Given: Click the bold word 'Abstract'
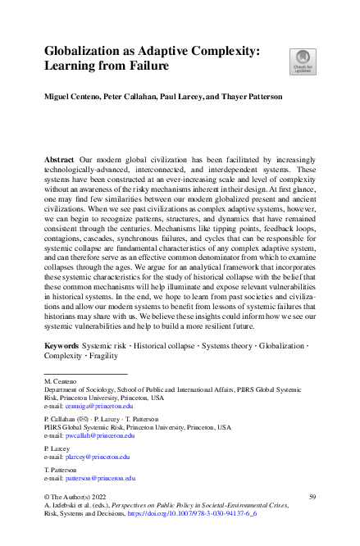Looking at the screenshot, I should (x=60, y=156).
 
